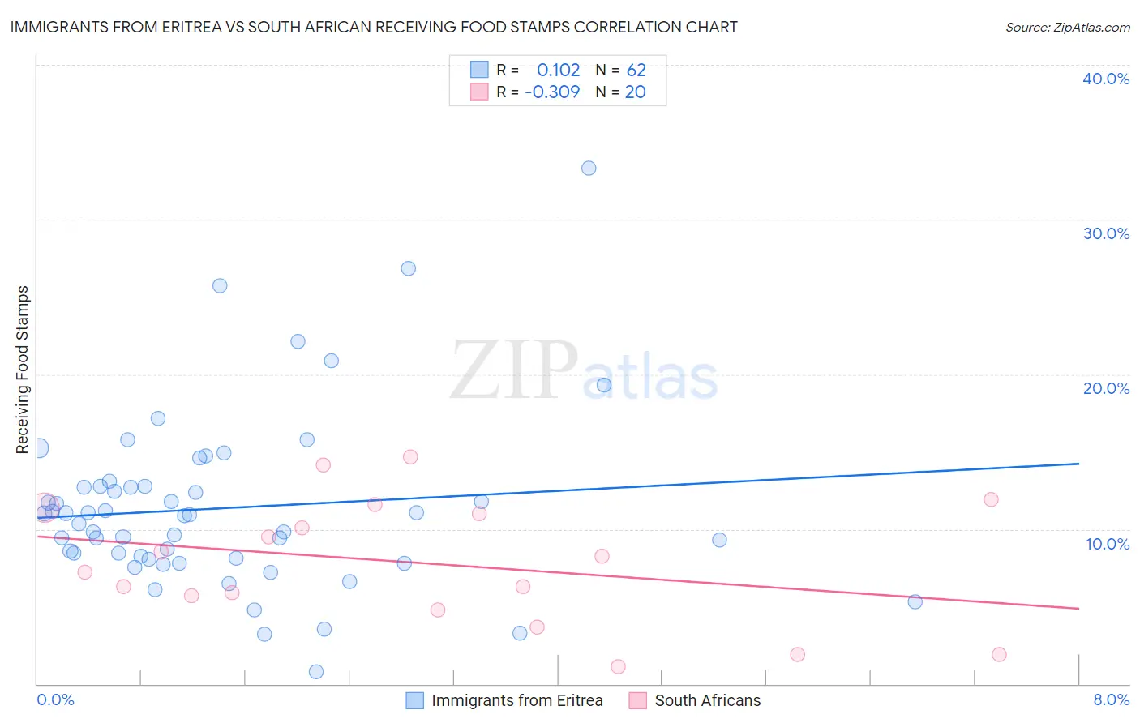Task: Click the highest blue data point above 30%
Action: [589, 169]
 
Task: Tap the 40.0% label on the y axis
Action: [1106, 79]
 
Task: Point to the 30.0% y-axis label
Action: [1106, 233]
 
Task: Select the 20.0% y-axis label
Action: [1106, 388]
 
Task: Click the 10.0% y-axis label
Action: [1108, 544]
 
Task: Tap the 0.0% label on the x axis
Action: [55, 699]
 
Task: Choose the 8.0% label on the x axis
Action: [1111, 699]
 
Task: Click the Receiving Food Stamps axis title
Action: [23, 370]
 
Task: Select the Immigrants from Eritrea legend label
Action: [516, 700]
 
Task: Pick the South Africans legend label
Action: [707, 700]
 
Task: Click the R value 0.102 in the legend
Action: [558, 71]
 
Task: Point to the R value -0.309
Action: [552, 92]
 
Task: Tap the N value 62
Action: [636, 71]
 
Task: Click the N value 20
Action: [635, 92]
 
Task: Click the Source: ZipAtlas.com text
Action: [1067, 28]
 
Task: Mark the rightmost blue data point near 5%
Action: [915, 601]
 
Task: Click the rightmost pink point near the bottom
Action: [999, 655]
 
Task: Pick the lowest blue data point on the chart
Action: [316, 672]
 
